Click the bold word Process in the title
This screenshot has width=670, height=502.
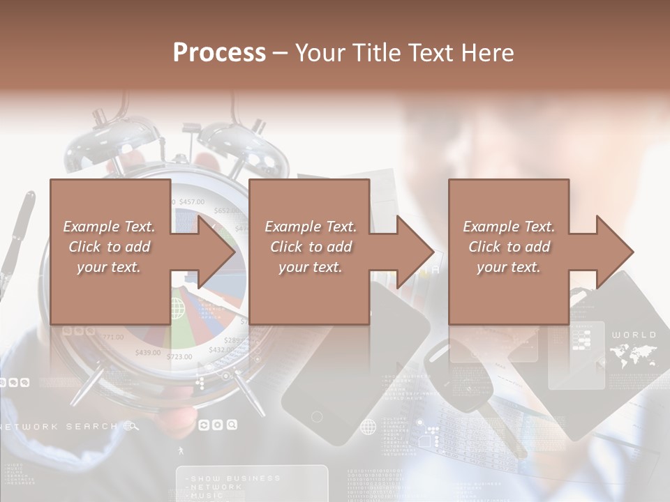(219, 52)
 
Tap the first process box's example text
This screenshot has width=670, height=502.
(109, 247)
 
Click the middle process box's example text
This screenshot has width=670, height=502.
(310, 247)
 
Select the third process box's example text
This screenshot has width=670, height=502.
(509, 247)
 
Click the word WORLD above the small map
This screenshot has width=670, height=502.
(634, 335)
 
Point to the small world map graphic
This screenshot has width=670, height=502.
(632, 356)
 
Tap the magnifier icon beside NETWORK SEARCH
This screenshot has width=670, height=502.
(131, 426)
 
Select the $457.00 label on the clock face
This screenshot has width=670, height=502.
(191, 201)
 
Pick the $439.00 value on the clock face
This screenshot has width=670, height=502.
(147, 352)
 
